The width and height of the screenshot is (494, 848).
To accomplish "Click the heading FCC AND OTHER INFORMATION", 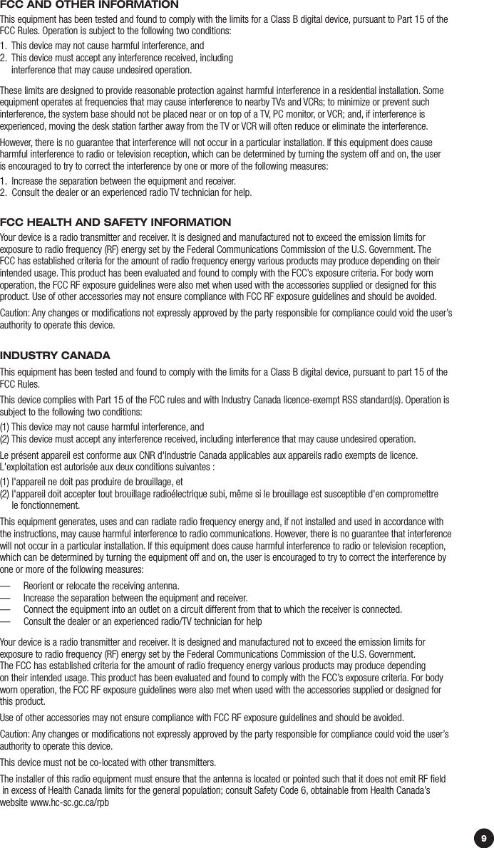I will pyautogui.click(x=89, y=5).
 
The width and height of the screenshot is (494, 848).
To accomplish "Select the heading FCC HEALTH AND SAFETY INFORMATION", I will pyautogui.click(x=115, y=223).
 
